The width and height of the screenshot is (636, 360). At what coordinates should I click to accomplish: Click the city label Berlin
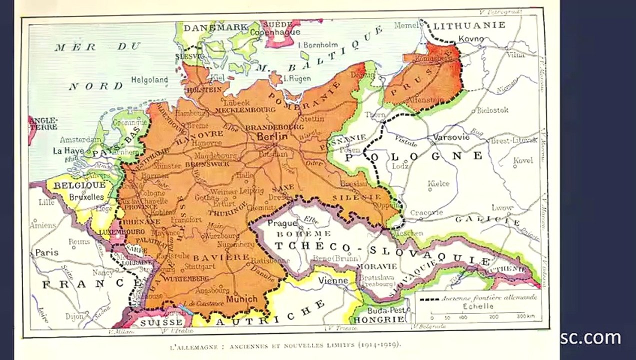[x=272, y=136]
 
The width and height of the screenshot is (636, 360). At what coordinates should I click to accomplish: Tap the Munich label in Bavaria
[x=241, y=299]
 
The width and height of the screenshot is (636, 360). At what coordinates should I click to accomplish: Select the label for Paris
[x=47, y=252]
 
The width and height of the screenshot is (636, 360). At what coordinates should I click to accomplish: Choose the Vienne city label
[x=332, y=280]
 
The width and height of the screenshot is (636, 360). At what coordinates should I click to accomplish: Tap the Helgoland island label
[x=149, y=79]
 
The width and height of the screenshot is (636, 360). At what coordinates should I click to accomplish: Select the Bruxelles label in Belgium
[x=85, y=196]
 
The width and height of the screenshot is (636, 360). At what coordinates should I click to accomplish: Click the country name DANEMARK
[x=215, y=27]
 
